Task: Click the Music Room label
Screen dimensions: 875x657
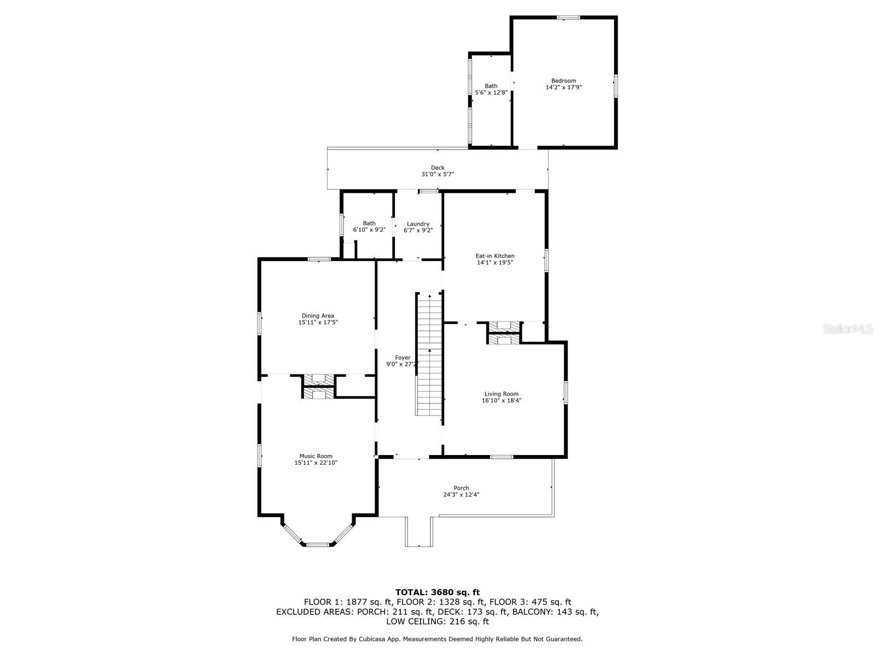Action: [x=316, y=456]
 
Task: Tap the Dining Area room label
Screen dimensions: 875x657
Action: [x=318, y=315]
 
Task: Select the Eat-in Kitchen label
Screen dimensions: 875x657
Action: [x=495, y=256]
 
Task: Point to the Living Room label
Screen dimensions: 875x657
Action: [x=501, y=394]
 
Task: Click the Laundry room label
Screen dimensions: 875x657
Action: [x=418, y=224]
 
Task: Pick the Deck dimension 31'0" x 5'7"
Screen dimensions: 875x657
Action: [x=437, y=174]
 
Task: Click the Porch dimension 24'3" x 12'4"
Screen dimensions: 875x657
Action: [x=461, y=494]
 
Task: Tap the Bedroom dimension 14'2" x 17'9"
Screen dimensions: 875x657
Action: [x=564, y=87]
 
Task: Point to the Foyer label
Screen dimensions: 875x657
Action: [x=402, y=358]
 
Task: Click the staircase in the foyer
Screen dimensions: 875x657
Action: [x=429, y=354]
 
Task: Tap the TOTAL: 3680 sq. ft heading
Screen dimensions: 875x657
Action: [x=437, y=592]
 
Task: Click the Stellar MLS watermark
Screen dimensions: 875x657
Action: [x=848, y=328]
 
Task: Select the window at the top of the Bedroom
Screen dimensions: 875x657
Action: [x=568, y=17]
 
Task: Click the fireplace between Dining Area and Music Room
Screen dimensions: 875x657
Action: [x=318, y=387]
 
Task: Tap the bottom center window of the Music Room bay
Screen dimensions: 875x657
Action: [x=318, y=544]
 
